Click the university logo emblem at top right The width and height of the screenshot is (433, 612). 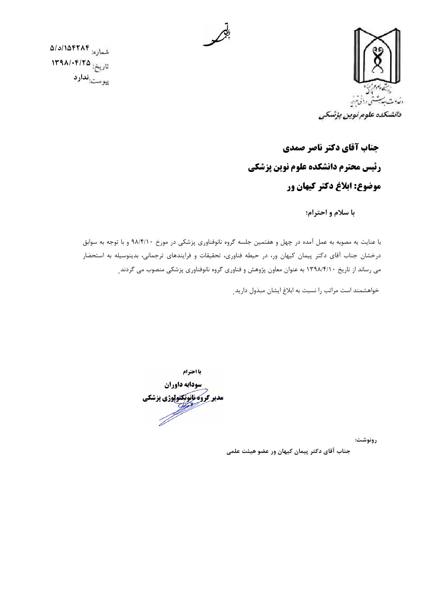click(376, 57)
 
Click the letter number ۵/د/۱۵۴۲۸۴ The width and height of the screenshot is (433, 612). click(70, 47)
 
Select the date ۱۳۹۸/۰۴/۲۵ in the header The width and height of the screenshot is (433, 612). click(71, 63)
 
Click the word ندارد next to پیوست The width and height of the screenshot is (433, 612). click(81, 78)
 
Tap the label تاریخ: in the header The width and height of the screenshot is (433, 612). click(101, 67)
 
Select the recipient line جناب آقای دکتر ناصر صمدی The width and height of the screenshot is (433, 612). click(332, 148)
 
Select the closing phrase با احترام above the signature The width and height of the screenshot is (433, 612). click(192, 372)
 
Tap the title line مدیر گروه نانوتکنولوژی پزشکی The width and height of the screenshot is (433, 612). click(182, 398)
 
